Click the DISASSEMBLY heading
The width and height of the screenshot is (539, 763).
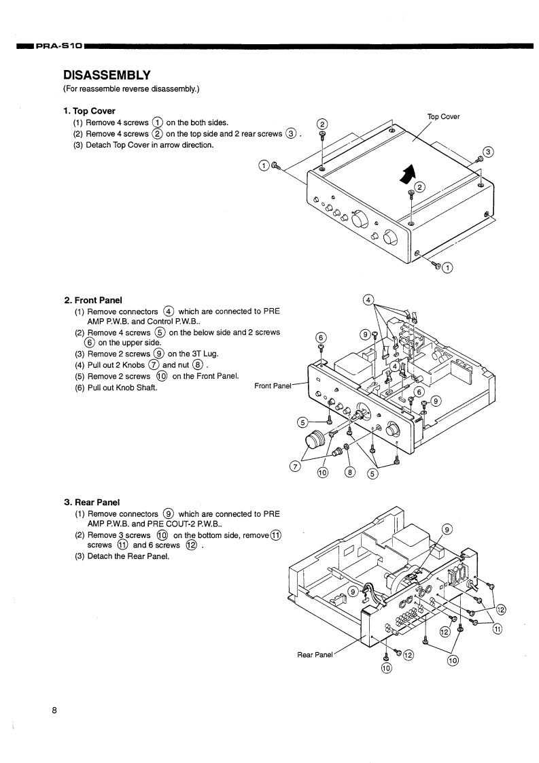click(x=106, y=74)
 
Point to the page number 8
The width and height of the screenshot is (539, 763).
click(x=54, y=711)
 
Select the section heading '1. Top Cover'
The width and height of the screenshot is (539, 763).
click(x=89, y=111)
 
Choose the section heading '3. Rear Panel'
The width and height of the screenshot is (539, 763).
click(x=92, y=502)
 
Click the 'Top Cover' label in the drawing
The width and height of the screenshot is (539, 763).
click(x=443, y=116)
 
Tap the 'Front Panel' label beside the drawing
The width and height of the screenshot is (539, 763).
click(x=273, y=386)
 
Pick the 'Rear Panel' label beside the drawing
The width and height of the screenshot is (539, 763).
click(x=315, y=655)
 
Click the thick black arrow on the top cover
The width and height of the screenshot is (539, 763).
click(x=406, y=173)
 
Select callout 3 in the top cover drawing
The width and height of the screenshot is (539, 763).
click(x=487, y=151)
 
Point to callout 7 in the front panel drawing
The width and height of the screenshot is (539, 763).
click(x=295, y=466)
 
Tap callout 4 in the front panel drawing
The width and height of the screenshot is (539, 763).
click(x=368, y=300)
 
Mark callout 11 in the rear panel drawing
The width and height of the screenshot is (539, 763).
click(x=497, y=629)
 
